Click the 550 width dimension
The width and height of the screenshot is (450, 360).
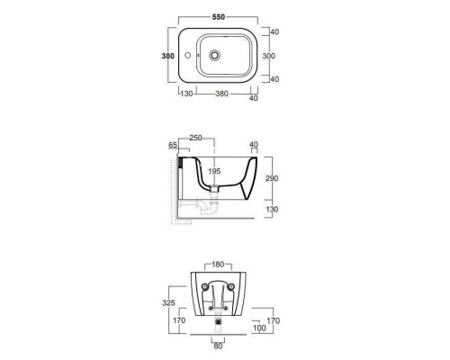pos(219,17)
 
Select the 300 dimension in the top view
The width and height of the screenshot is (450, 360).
pos(269,56)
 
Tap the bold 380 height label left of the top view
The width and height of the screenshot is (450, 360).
pos(167,56)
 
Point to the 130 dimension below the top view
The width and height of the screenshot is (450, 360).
pos(186,94)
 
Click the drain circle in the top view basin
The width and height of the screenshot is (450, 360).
pos(214,55)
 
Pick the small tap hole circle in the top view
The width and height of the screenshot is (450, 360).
pos(188,56)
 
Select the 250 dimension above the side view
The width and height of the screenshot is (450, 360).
pos(195,138)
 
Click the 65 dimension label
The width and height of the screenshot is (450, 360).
pos(173,145)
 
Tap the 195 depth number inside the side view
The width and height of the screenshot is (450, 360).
pos(214,171)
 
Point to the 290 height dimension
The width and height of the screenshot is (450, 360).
pos(272,178)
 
